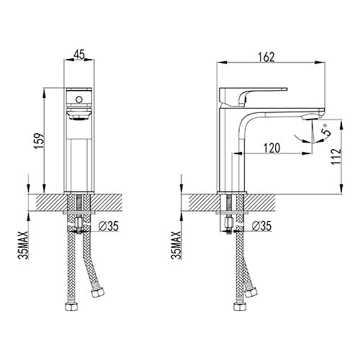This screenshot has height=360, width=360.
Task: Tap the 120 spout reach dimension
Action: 271,148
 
